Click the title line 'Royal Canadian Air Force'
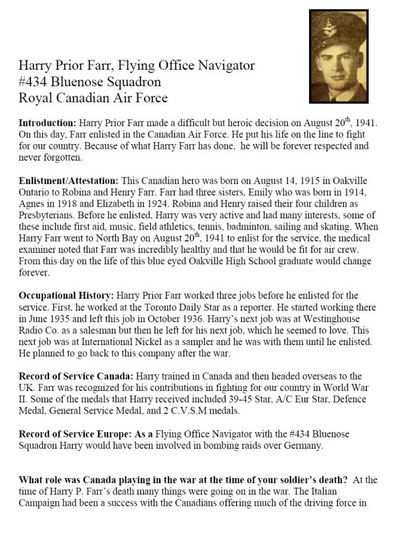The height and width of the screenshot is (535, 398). [92, 98]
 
